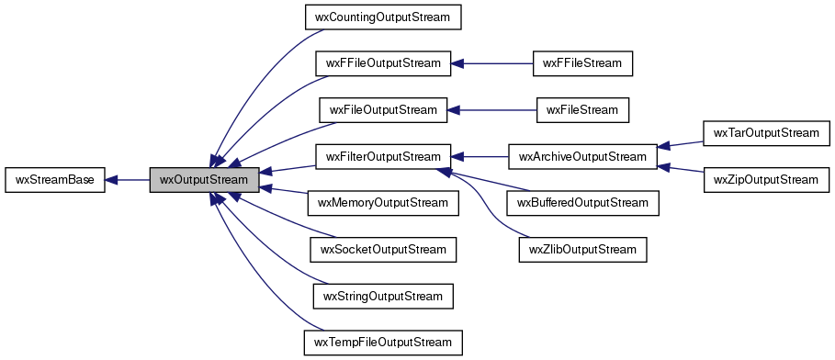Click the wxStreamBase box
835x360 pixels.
coord(55,180)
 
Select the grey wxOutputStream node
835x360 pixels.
coord(204,180)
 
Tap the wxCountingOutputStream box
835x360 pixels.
coord(382,17)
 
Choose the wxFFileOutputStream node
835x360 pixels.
coord(382,63)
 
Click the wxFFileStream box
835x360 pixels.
coord(583,63)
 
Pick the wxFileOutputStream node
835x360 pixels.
coord(382,110)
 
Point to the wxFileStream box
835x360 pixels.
coord(583,110)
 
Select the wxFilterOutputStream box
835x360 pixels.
coord(382,157)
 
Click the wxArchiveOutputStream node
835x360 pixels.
coord(583,157)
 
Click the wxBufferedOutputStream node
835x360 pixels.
coord(583,203)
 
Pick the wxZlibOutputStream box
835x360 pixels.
coord(583,249)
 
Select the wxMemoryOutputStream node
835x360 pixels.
coord(382,203)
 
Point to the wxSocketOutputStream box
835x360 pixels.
coord(382,249)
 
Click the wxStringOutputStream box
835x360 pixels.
coord(382,296)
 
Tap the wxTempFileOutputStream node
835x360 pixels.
coord(382,343)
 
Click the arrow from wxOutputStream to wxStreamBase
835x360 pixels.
coord(128,180)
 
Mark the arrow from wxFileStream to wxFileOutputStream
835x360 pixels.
coord(491,110)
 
